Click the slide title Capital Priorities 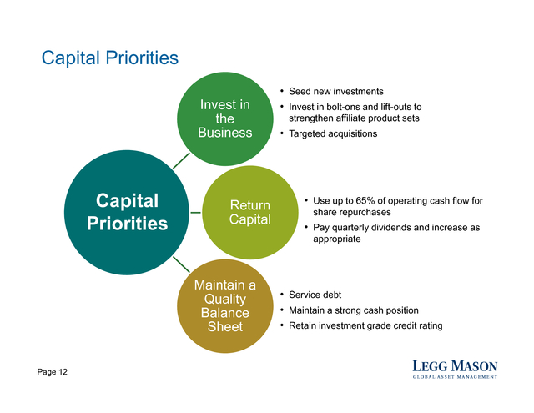[110, 58]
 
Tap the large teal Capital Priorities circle [127, 212]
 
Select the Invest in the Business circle [224, 118]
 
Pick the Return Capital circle [250, 213]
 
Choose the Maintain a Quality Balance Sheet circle [224, 305]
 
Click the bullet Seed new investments [335, 91]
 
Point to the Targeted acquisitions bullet [333, 133]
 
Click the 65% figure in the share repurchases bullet [365, 200]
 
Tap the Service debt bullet [315, 295]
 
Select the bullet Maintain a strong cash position [354, 310]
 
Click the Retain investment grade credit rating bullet [365, 326]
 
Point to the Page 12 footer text [52, 372]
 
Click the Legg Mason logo [455, 369]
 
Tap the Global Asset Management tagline [455, 377]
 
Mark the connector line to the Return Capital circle [196, 213]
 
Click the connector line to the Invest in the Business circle [181, 160]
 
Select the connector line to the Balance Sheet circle [181, 264]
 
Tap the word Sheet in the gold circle [225, 326]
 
